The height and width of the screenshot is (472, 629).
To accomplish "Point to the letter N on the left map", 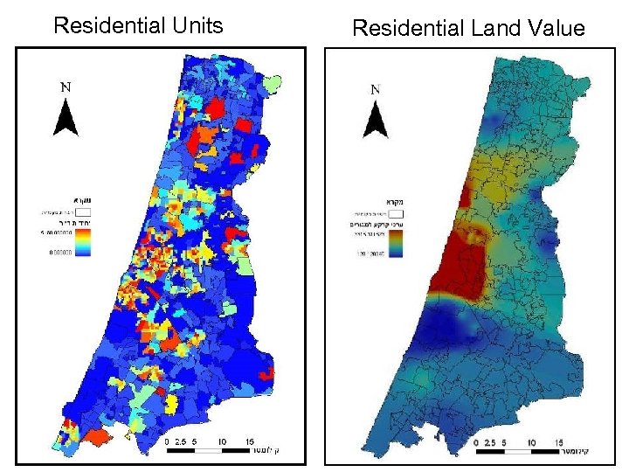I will coord(66,87).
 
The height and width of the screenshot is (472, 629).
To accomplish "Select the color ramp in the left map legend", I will coord(83,246).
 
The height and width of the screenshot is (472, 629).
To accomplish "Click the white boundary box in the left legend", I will coord(84,212).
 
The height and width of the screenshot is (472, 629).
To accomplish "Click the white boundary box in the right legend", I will coord(395,212).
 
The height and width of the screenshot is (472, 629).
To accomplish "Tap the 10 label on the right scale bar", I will coord(532,443).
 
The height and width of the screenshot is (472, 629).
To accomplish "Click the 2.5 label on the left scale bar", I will coord(181,442).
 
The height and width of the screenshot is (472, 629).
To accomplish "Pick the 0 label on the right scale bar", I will coord(476,443).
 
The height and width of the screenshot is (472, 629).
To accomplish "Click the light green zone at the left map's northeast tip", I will coord(274,84).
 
